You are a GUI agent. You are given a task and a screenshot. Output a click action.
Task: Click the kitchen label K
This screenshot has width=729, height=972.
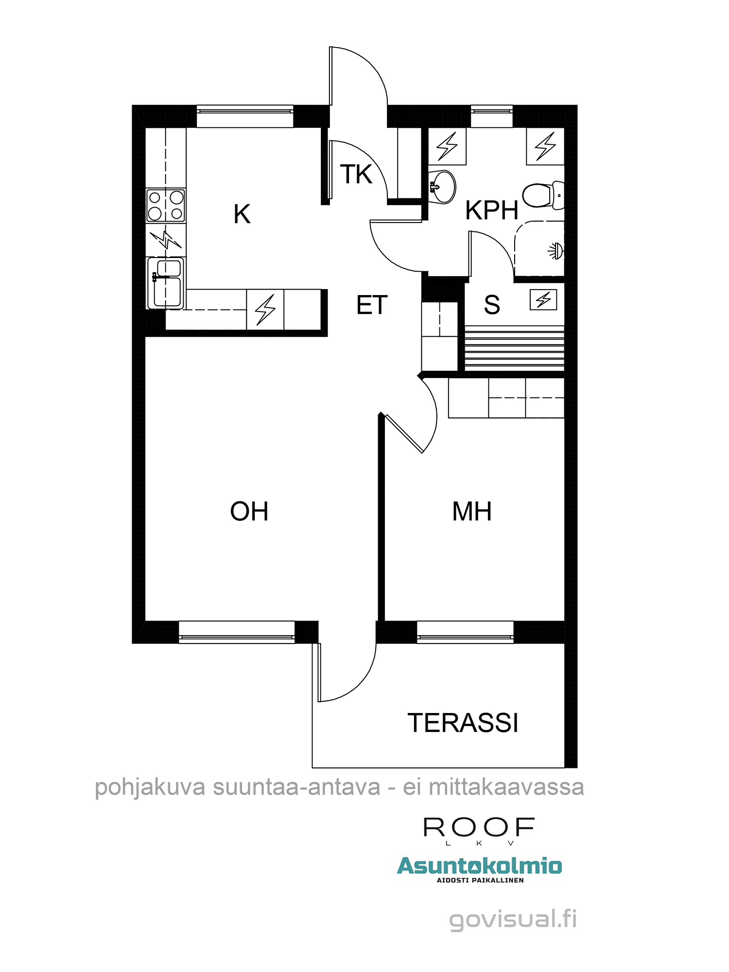[x=242, y=214]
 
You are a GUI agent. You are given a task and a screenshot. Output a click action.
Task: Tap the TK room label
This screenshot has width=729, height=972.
[x=356, y=174]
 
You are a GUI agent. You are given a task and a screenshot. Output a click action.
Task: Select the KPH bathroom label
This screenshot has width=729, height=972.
[x=492, y=210]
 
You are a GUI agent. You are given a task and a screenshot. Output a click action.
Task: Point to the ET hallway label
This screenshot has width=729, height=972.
[x=372, y=305]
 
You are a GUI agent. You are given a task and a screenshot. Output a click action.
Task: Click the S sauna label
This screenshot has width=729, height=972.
[x=492, y=305]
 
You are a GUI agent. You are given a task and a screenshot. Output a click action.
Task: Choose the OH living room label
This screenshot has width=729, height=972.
[x=249, y=511]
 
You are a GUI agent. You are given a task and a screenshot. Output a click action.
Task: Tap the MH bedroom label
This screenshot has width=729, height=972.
[x=472, y=511]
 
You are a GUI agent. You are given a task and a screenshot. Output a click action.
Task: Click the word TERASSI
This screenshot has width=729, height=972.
[x=463, y=723]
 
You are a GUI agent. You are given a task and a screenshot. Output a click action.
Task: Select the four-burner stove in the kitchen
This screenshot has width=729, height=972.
[x=166, y=206]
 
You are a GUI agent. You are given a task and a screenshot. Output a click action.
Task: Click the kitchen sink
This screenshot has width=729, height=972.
[x=166, y=283]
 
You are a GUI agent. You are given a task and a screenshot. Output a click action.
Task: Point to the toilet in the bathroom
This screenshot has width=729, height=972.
[x=543, y=195]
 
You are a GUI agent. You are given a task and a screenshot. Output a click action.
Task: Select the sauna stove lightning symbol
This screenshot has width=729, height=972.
[x=543, y=300]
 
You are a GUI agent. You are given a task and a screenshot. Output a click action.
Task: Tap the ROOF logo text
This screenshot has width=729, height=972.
[x=479, y=827]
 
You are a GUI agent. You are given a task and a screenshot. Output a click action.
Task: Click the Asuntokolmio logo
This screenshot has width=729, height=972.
[x=479, y=867]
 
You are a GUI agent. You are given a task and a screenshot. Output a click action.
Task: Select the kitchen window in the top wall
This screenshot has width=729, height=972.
[x=245, y=117]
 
